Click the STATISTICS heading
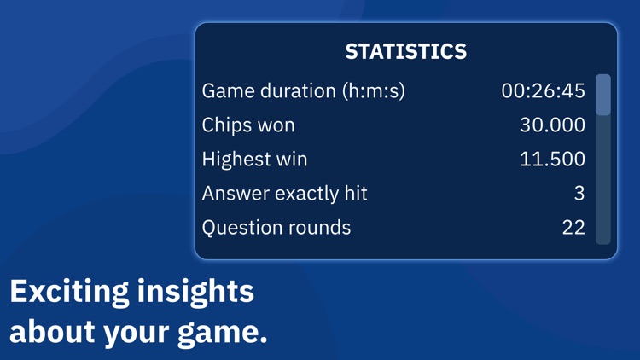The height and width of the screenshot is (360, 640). (x=405, y=51)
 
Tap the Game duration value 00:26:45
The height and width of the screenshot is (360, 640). (x=543, y=90)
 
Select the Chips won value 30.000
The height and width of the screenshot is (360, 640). (x=552, y=125)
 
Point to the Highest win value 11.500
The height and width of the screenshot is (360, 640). (x=552, y=159)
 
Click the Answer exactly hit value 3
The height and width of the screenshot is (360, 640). (x=579, y=193)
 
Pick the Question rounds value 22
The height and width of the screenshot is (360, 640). (x=573, y=227)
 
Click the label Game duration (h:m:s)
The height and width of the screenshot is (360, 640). (x=303, y=90)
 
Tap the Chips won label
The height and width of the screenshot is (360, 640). (x=248, y=125)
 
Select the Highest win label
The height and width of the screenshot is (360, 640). (x=254, y=159)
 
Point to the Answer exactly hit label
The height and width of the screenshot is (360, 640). (x=284, y=193)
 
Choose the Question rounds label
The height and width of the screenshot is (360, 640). (x=276, y=227)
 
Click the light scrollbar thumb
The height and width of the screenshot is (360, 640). (x=602, y=95)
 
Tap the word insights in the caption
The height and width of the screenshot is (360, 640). (x=194, y=292)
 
